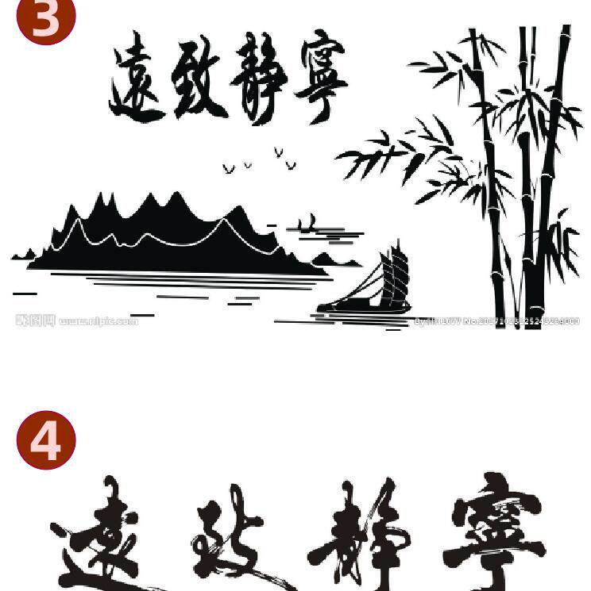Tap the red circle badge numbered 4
click(46, 439)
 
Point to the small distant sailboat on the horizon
click(311, 224)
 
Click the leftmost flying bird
click(229, 169)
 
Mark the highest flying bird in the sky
click(278, 151)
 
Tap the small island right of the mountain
click(326, 259)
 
